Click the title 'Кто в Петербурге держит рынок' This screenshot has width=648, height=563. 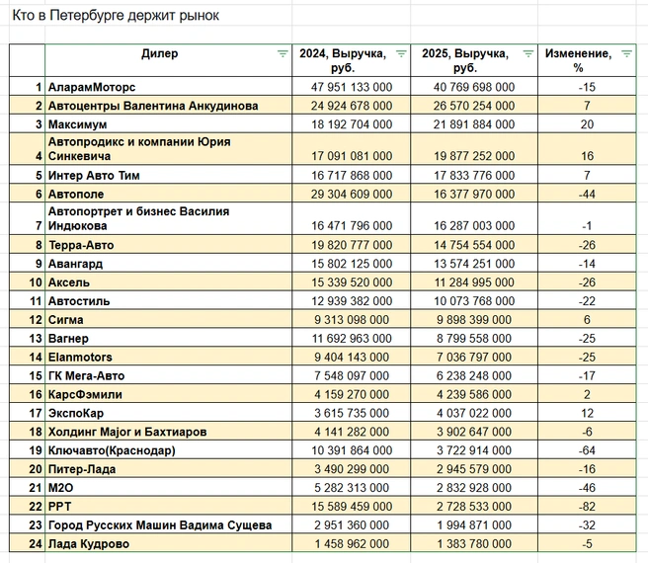[x=116, y=16]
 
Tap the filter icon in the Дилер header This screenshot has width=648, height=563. [x=283, y=53]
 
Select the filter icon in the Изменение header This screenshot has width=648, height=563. [x=627, y=53]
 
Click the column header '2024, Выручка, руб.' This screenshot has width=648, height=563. [x=343, y=60]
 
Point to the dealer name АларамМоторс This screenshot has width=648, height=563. [x=92, y=87]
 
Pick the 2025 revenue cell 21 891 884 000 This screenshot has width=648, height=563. [x=474, y=124]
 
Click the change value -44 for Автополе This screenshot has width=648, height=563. [x=587, y=194]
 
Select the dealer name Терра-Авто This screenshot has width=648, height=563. [x=81, y=245]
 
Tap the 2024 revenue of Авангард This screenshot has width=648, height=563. [x=352, y=264]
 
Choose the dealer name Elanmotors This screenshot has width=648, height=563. [x=80, y=358]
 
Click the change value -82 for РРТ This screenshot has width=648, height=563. [x=587, y=507]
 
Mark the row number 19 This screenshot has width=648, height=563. [x=36, y=450]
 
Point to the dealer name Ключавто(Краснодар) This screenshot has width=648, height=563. [x=112, y=450]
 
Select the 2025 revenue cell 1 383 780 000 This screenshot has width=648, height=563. [x=474, y=544]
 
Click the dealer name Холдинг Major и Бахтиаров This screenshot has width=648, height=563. [x=127, y=432]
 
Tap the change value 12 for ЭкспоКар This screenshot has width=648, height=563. [x=587, y=414]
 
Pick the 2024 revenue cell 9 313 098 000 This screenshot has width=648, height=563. [x=352, y=320]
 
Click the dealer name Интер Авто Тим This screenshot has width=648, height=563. [x=94, y=175]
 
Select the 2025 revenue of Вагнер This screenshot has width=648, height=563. [x=474, y=339]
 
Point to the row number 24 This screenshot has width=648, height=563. [x=36, y=544]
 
